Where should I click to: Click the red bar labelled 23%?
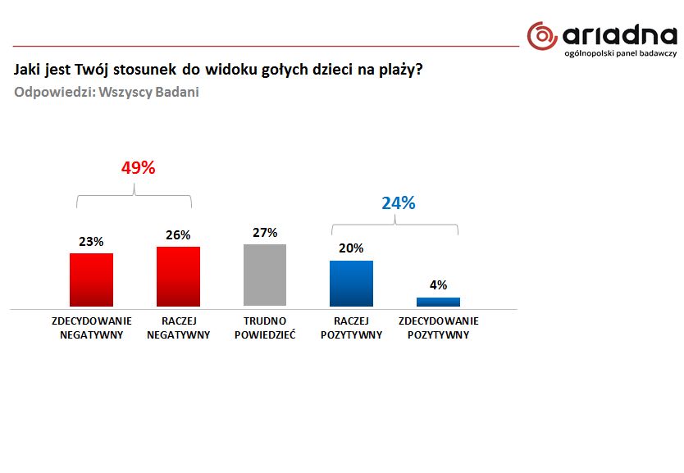point(91,280)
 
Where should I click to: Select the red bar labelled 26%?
point(178,276)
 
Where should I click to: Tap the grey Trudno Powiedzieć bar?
point(265,275)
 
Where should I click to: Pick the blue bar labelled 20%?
point(351,284)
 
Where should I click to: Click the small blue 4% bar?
point(439,302)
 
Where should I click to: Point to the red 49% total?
point(138,168)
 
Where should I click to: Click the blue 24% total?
point(398,203)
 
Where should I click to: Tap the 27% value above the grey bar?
point(265,233)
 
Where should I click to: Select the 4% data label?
point(439,285)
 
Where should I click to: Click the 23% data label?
point(91,242)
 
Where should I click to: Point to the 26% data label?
point(178,234)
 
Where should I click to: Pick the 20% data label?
point(351,248)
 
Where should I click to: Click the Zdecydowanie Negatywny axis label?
point(91,328)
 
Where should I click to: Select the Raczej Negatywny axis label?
point(178,328)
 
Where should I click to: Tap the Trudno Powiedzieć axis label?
point(265,328)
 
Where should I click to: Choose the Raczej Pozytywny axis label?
point(351,328)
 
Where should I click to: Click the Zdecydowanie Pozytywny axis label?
point(439,328)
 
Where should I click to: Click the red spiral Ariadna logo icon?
point(542,37)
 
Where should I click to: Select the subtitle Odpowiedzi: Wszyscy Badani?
point(107,92)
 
